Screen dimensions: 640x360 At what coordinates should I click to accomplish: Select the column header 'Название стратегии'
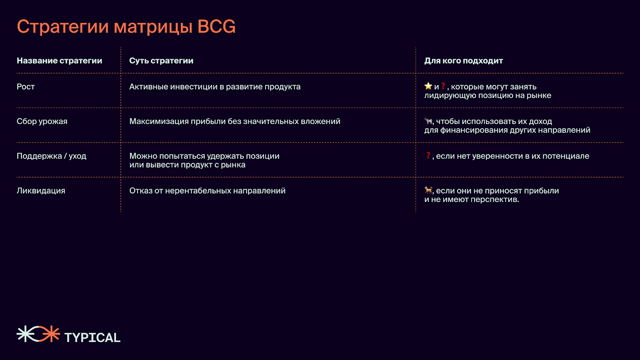(x=60, y=60)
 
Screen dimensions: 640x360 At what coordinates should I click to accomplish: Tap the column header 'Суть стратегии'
(x=161, y=60)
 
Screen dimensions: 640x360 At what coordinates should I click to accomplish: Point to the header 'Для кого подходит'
(x=464, y=60)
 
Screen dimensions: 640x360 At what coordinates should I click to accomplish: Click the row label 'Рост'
(x=26, y=86)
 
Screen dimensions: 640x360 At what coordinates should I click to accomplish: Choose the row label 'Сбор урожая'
(x=42, y=122)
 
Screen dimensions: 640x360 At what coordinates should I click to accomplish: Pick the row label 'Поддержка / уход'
(x=52, y=156)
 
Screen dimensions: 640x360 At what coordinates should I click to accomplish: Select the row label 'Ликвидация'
(x=41, y=190)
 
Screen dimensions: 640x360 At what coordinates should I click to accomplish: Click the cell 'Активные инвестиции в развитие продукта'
(x=215, y=86)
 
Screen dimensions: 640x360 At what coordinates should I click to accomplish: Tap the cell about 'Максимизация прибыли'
(x=235, y=122)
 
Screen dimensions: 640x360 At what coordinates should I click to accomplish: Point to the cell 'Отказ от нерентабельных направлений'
(x=208, y=190)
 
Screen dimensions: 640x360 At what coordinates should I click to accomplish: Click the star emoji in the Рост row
(x=428, y=86)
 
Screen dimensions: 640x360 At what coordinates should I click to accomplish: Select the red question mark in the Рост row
(x=443, y=86)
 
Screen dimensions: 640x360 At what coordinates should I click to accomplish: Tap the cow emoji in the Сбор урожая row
(x=428, y=121)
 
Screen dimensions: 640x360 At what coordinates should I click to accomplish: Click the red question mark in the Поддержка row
(x=428, y=156)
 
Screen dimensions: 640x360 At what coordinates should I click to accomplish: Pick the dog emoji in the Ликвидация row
(x=428, y=190)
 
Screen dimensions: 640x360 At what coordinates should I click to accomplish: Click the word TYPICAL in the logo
(x=92, y=338)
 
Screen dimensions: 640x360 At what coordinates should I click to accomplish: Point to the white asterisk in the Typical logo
(x=26, y=334)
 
